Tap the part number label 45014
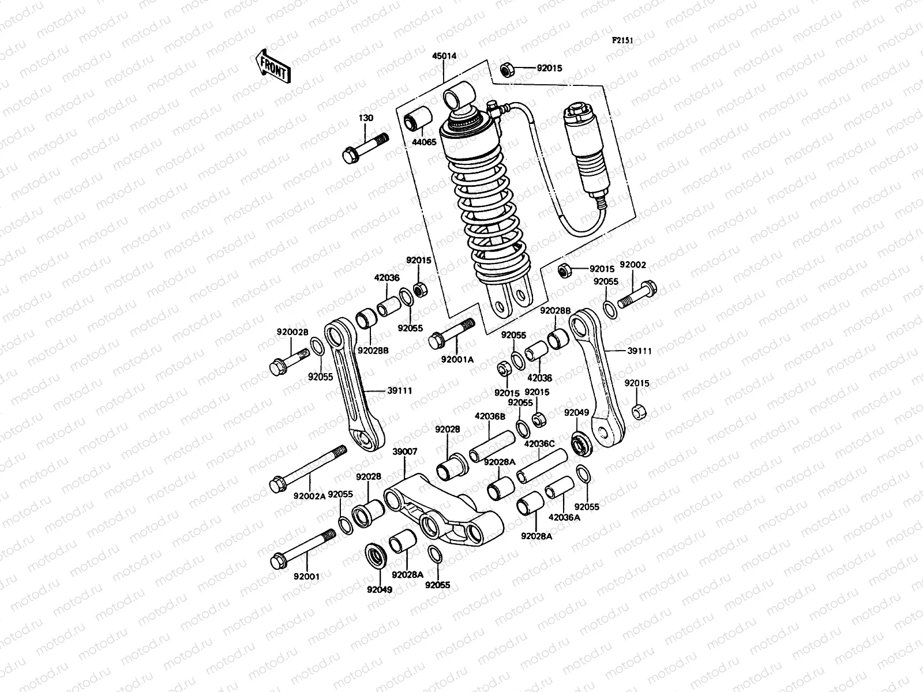coord(444,57)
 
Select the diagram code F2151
coord(623,24)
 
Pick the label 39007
coord(404,452)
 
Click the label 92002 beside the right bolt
coord(633,265)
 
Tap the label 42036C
coord(539,444)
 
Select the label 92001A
coord(457,359)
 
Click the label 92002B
coord(292,332)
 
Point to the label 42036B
coord(490,416)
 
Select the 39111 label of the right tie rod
coord(637,350)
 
